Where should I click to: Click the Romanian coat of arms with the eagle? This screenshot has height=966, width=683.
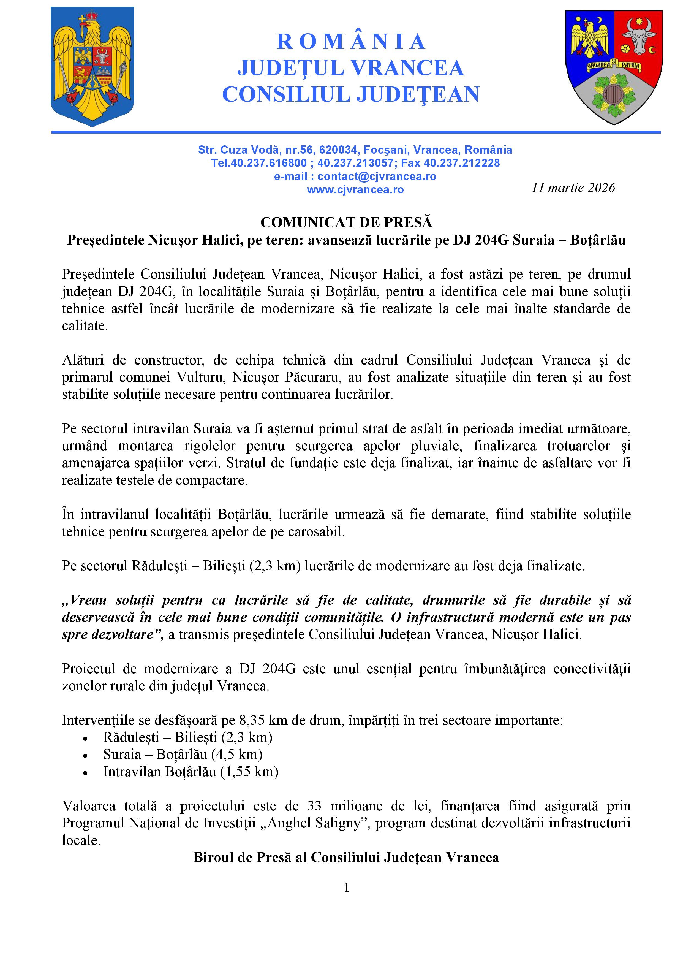(x=92, y=66)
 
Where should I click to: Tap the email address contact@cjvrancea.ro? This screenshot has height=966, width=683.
(x=376, y=176)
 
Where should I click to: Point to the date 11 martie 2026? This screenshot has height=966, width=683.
(x=573, y=188)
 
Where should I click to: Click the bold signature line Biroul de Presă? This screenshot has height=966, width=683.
(x=346, y=858)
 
